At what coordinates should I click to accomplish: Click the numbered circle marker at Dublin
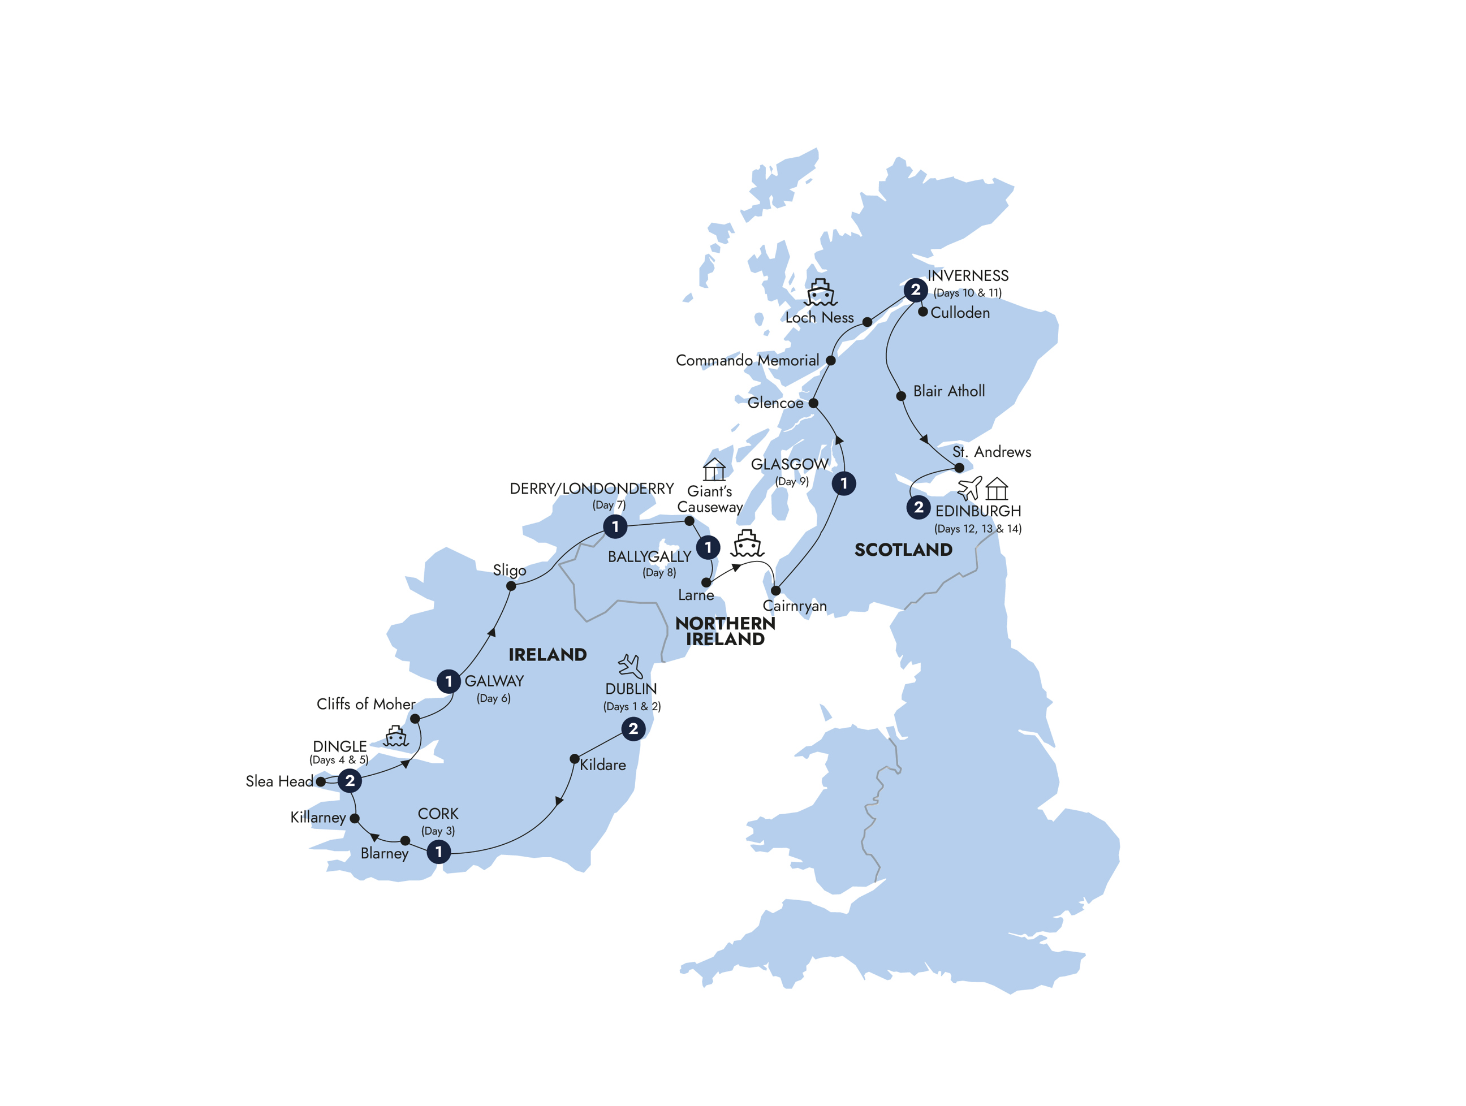pyautogui.click(x=633, y=729)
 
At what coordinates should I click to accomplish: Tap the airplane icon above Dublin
pyautogui.click(x=629, y=666)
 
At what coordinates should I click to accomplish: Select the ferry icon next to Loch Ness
pyautogui.click(x=821, y=292)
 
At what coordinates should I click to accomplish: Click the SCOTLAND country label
pyautogui.click(x=903, y=550)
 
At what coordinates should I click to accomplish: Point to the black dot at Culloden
pyautogui.click(x=922, y=312)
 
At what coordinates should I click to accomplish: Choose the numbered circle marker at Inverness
pyautogui.click(x=915, y=290)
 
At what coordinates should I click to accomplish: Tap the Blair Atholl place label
pyautogui.click(x=948, y=391)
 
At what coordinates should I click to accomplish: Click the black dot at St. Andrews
pyautogui.click(x=959, y=467)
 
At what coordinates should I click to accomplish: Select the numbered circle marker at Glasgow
pyautogui.click(x=844, y=483)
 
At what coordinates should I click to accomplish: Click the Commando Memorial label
pyautogui.click(x=747, y=361)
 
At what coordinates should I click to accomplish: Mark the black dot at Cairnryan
pyautogui.click(x=775, y=590)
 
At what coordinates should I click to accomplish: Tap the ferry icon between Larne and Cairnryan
pyautogui.click(x=747, y=543)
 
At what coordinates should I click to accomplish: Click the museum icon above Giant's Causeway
pyautogui.click(x=714, y=469)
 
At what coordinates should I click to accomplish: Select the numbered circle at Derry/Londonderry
pyautogui.click(x=615, y=527)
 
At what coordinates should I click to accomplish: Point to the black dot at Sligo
pyautogui.click(x=511, y=586)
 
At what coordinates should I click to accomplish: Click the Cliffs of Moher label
pyautogui.click(x=366, y=704)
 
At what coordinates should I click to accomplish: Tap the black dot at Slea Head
pyautogui.click(x=321, y=781)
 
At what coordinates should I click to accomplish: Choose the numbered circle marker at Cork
pyautogui.click(x=438, y=852)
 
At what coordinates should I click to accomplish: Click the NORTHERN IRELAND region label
pyautogui.click(x=725, y=631)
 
